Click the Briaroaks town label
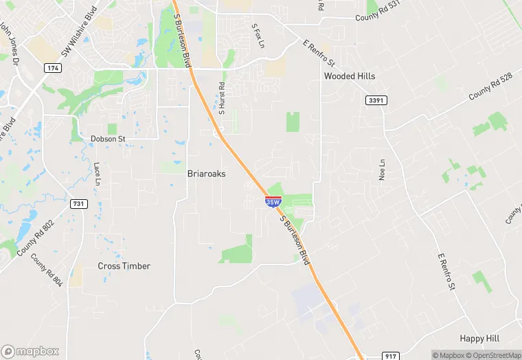206,174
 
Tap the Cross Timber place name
124,266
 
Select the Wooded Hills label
350,76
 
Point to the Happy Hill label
480,339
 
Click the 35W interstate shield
272,202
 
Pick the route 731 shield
78,204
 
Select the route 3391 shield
376,100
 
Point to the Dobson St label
109,139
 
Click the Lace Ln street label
98,174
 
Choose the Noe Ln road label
383,169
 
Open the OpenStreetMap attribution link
495,355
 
